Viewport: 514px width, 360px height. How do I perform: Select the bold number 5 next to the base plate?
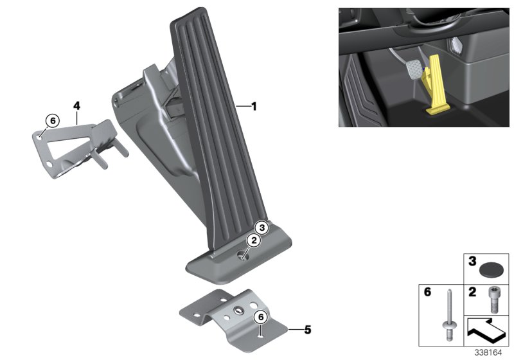point(307,330)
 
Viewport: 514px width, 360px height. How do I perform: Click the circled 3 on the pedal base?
point(261,227)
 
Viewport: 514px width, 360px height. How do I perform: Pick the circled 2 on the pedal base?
point(253,240)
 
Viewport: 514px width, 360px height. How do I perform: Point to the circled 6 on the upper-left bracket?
point(52,120)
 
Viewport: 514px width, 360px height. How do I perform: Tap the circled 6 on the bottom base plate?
point(261,316)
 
